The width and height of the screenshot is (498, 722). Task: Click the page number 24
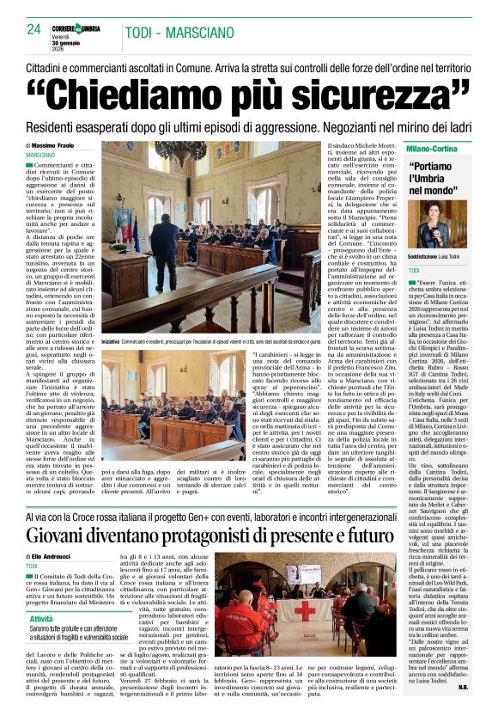33,28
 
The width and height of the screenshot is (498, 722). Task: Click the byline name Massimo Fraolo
58,145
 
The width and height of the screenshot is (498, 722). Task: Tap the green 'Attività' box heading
42,618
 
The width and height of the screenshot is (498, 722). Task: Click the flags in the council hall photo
125,225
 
